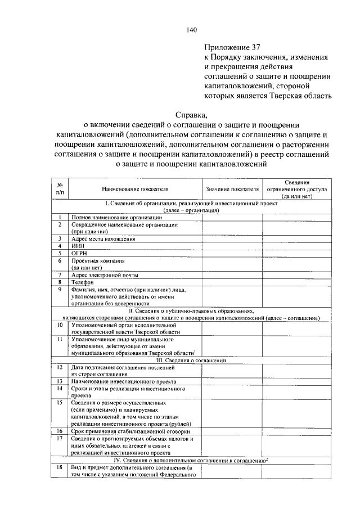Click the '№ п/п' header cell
pyautogui.click(x=60, y=190)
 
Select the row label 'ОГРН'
pyautogui.click(x=80, y=253)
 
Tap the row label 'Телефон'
pyautogui.click(x=82, y=282)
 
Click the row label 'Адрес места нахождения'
pyautogui.click(x=103, y=238)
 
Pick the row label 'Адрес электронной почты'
pyautogui.click(x=105, y=275)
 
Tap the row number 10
pyautogui.click(x=60, y=325)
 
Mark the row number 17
pyautogui.click(x=60, y=438)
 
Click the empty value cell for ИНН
pyautogui.click(x=232, y=246)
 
